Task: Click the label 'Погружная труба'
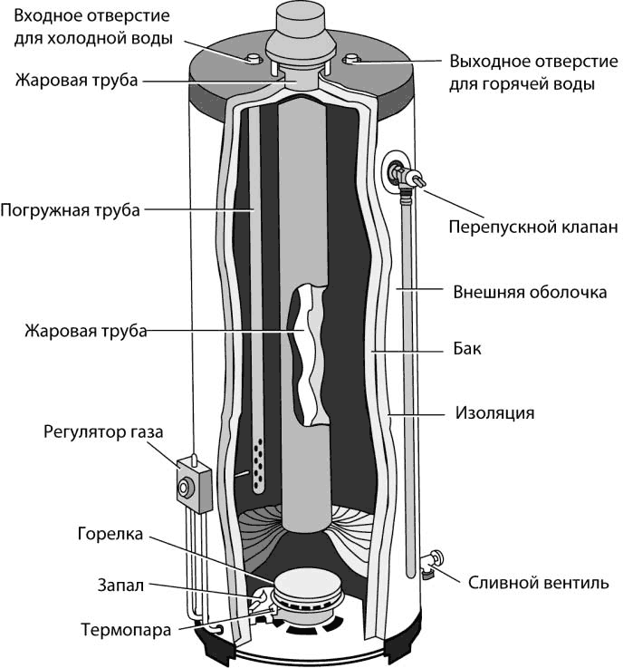[71, 211]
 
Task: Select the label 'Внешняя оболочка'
[529, 293]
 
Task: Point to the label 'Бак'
[463, 349]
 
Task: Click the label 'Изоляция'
[494, 413]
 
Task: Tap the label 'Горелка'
[109, 535]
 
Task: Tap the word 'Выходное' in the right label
[490, 63]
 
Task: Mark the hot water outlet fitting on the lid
[353, 62]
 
